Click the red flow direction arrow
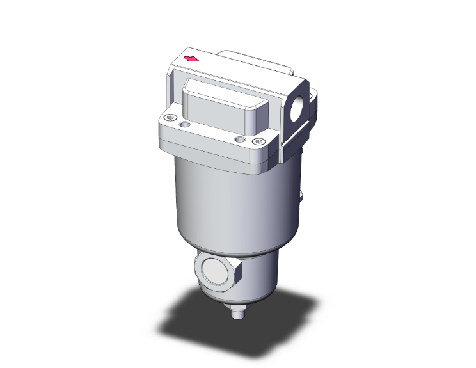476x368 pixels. (191, 59)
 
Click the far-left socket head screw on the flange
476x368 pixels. (170, 117)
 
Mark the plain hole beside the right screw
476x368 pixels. (240, 139)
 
